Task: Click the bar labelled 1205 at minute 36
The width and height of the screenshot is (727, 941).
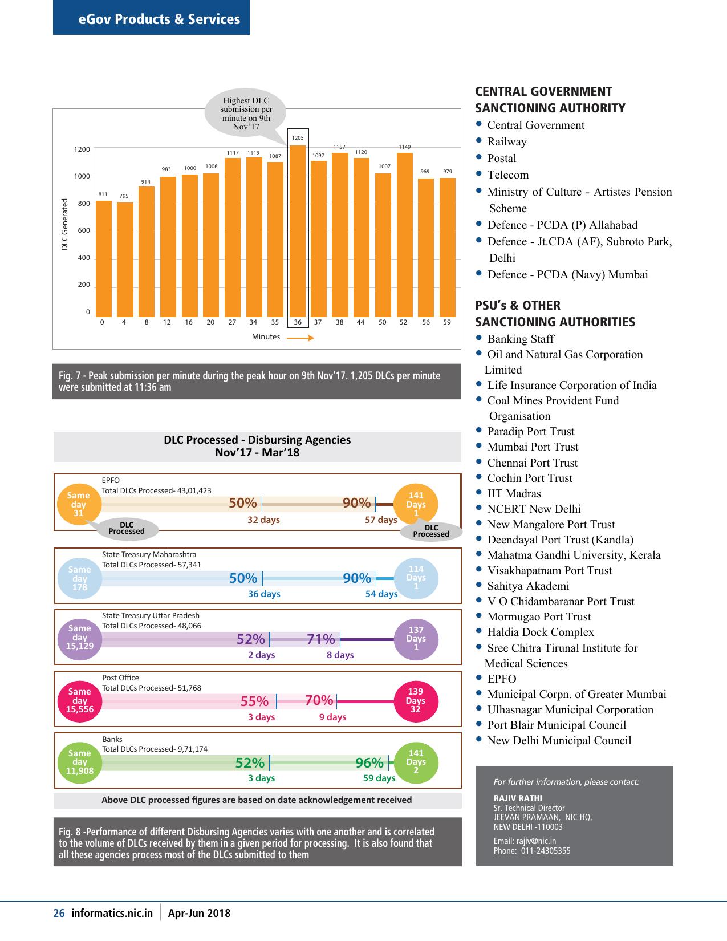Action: [x=298, y=231]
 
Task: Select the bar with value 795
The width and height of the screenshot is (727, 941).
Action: [x=125, y=259]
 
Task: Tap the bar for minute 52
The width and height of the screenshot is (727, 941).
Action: [x=404, y=235]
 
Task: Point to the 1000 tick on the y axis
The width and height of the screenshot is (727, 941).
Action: [x=82, y=176]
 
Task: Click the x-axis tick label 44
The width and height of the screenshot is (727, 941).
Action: [x=360, y=322]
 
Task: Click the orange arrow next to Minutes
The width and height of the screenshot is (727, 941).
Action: [x=300, y=338]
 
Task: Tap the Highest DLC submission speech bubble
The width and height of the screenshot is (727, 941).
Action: [x=246, y=113]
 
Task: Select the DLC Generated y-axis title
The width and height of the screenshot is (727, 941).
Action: [x=64, y=224]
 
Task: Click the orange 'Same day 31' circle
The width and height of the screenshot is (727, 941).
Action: [x=79, y=504]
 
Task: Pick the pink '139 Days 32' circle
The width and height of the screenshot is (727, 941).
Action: [x=416, y=701]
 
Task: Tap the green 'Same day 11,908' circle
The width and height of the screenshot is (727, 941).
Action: [x=80, y=762]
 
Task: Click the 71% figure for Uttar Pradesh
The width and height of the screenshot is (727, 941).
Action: [x=321, y=639]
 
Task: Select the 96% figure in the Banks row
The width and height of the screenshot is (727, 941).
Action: [x=369, y=762]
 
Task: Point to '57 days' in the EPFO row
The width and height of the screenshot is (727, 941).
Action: [x=381, y=520]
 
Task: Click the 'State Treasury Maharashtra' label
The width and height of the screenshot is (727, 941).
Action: [x=149, y=554]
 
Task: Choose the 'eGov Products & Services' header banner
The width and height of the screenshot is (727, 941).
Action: [x=151, y=17]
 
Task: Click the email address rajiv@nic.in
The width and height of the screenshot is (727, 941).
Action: [x=536, y=841]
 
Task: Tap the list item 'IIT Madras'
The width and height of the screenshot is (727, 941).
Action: [x=514, y=494]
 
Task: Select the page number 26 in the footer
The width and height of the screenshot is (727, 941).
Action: [x=59, y=913]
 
